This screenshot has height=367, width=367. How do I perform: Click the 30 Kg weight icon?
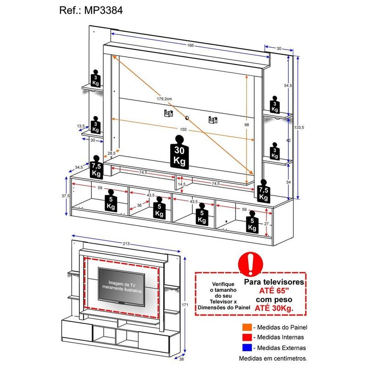tap(179, 153)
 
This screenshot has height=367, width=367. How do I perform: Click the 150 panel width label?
tap(183, 130)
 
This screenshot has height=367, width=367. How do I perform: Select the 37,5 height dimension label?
tap(66, 196)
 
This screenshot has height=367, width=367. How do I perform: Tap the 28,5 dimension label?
tap(111, 153)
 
